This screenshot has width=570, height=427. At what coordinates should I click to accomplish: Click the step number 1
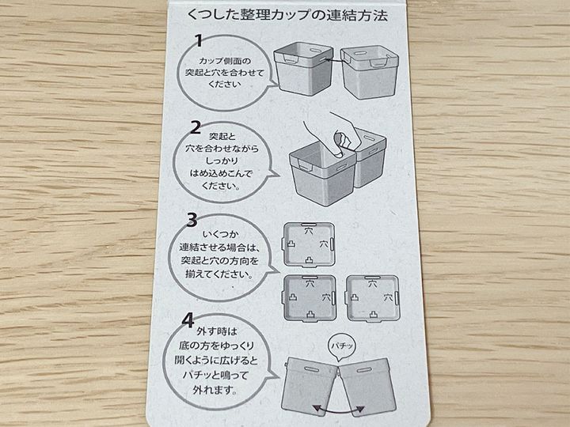coord(199,41)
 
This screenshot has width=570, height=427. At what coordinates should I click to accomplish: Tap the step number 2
coord(196,127)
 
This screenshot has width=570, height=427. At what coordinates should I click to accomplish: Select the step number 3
coord(192,220)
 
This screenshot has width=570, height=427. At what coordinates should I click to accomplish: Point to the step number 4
coord(188,320)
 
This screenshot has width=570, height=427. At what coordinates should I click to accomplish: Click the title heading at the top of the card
coord(287,15)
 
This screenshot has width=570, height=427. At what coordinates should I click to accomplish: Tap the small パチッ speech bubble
coord(342,346)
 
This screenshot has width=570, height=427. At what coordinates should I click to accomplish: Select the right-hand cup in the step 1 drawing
coord(369,72)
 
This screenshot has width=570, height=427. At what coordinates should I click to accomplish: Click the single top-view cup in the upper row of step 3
coord(308,245)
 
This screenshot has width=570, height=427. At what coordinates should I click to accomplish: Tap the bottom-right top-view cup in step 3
coord(373,298)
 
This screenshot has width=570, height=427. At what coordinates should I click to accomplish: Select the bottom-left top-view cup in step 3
coord(310,298)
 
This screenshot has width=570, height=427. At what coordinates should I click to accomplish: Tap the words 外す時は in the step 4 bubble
coord(217,331)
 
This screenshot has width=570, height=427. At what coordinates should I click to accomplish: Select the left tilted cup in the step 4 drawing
coord(310,384)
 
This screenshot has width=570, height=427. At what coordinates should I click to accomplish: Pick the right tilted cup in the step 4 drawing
coord(367,384)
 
